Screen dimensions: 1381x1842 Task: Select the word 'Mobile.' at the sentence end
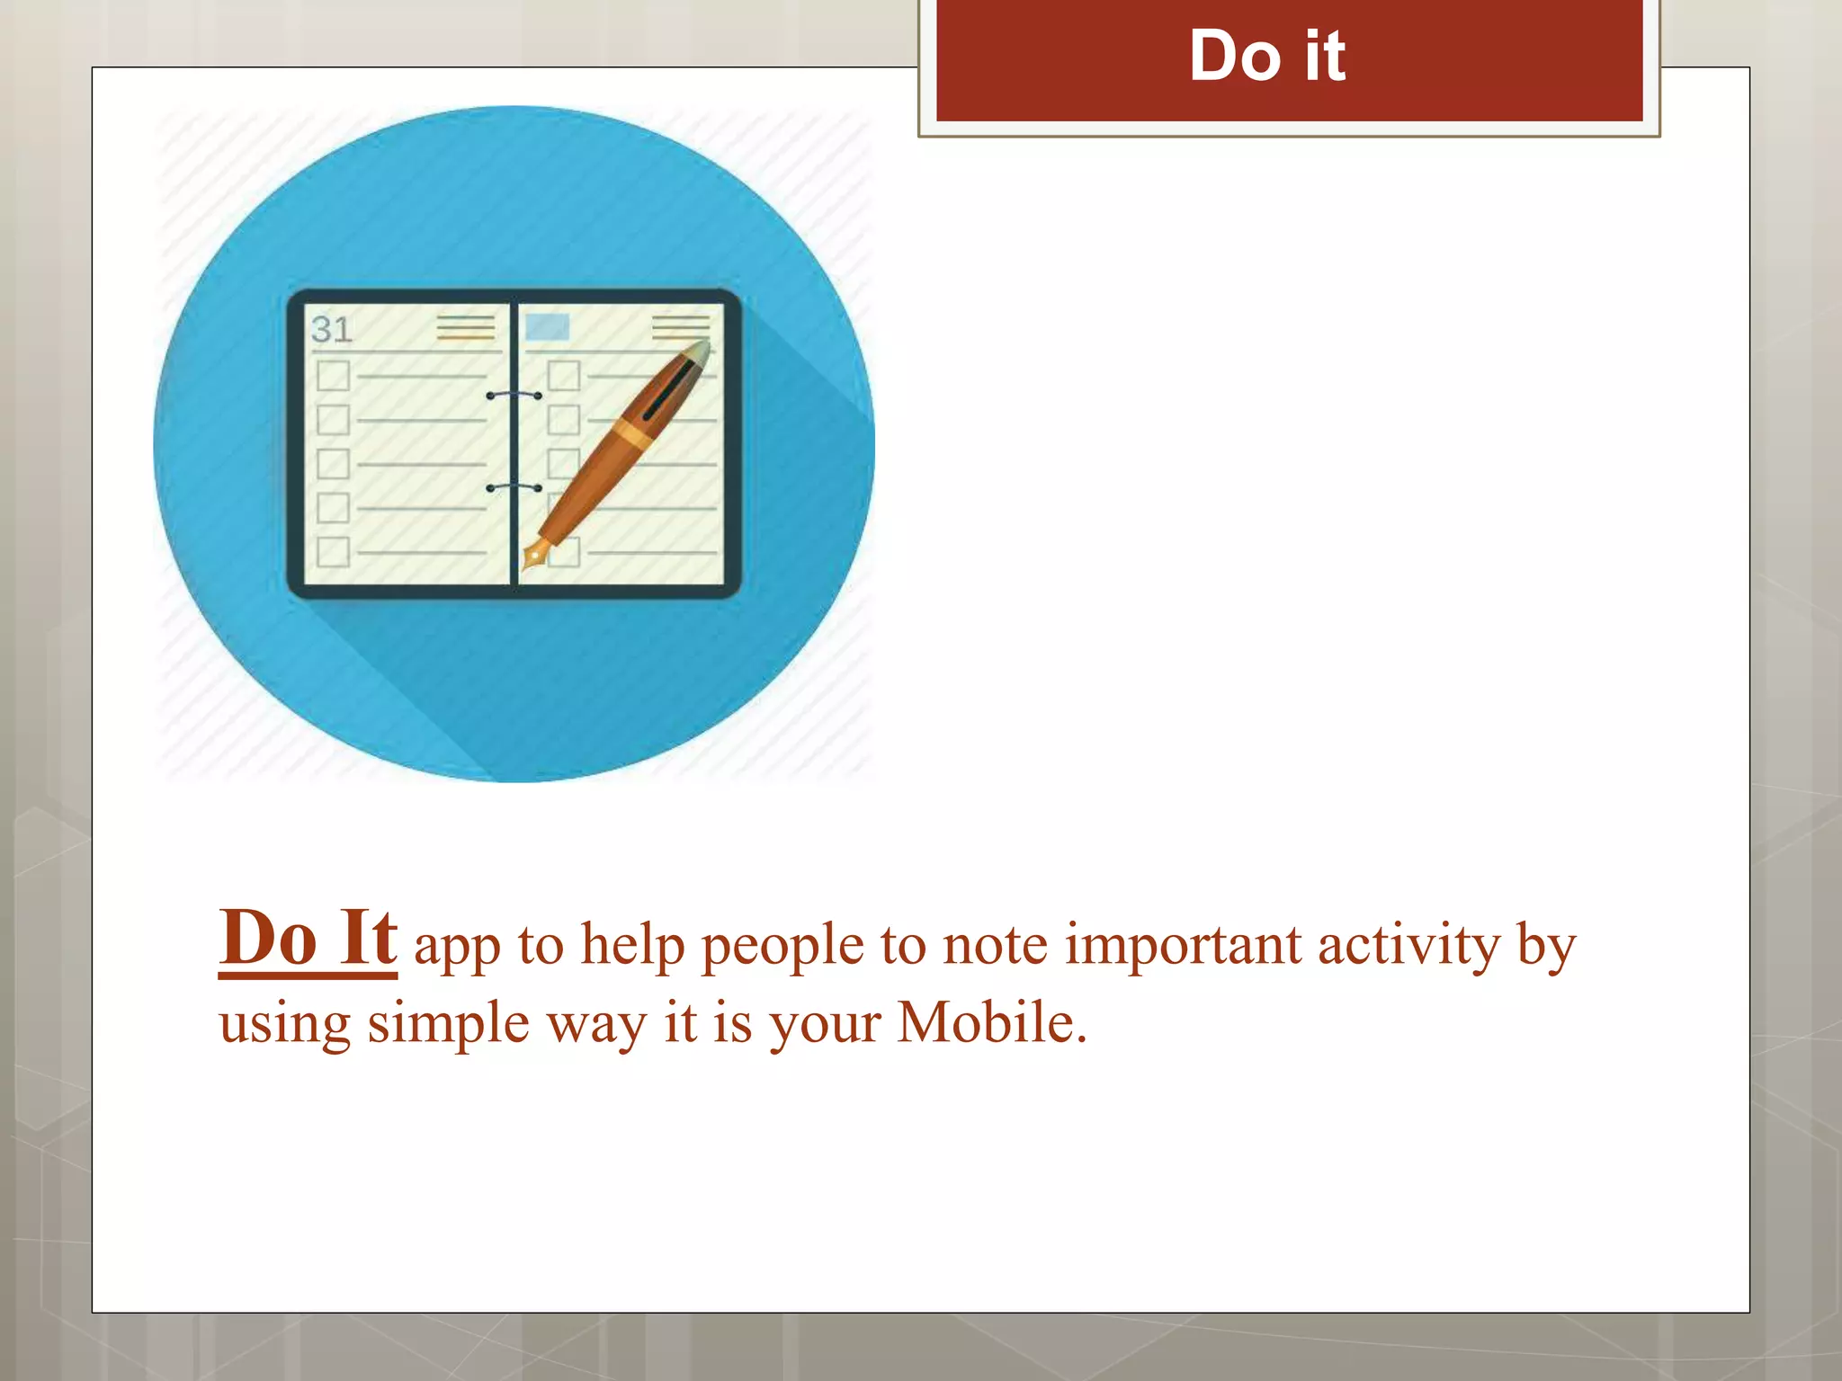coord(992,1023)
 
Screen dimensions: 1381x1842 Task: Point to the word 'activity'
coord(1408,947)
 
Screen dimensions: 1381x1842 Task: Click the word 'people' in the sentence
coord(782,947)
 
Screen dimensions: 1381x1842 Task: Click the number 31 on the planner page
coord(331,329)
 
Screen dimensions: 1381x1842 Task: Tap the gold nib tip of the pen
coord(533,556)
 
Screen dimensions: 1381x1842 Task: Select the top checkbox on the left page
coord(333,375)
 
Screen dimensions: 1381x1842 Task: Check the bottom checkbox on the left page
coord(333,551)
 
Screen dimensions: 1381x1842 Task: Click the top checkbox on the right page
coord(564,375)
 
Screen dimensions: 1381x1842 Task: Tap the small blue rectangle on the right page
coord(547,325)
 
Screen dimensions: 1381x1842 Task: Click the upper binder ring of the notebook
coord(514,395)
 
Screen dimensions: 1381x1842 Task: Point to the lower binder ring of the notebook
coord(514,486)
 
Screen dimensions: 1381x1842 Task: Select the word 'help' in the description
coord(632,945)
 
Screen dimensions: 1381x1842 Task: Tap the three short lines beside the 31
coord(465,327)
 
